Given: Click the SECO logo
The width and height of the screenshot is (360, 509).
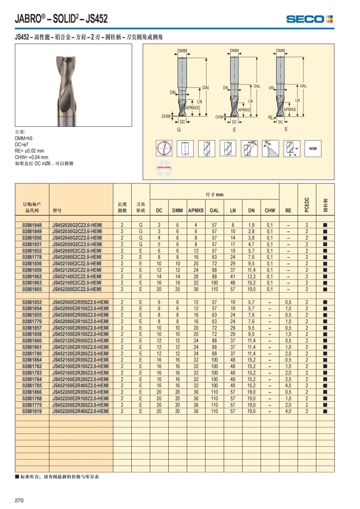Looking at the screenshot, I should [309, 19].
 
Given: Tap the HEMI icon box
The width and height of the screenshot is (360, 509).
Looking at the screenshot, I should [313, 148].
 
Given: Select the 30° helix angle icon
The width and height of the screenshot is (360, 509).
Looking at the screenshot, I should [249, 148].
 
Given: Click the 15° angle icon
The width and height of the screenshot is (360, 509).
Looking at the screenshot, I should [270, 148].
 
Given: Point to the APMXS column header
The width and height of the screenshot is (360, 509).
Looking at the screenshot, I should [196, 211].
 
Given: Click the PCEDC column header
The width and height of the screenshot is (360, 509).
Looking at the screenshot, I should [307, 205].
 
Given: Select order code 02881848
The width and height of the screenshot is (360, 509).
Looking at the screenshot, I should [32, 225].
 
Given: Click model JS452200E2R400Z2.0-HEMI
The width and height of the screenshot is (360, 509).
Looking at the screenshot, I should [80, 411].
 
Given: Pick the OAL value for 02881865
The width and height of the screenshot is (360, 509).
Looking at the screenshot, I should [214, 289].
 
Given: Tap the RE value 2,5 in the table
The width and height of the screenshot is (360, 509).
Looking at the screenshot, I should [288, 379].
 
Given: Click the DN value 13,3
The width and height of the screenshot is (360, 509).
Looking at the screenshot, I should [251, 277].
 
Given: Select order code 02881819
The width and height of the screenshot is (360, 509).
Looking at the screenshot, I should [32, 411].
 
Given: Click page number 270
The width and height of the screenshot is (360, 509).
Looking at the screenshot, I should [19, 500].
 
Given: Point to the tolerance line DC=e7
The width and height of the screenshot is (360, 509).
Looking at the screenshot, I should [22, 145].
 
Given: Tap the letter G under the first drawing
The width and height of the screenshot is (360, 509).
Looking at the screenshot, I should [179, 130].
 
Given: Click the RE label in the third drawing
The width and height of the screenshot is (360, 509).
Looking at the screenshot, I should [270, 118].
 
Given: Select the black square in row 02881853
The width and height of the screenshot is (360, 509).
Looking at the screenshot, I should [325, 302].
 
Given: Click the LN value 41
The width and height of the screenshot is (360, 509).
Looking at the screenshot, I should [233, 277].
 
